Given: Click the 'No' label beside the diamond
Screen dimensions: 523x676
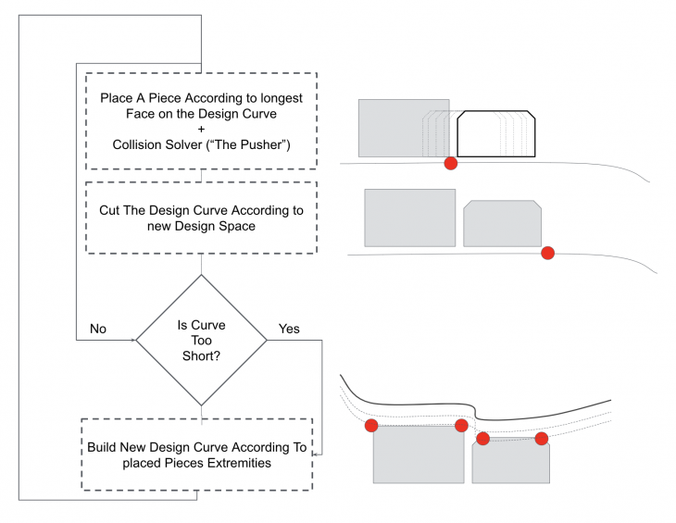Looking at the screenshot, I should coord(97,329).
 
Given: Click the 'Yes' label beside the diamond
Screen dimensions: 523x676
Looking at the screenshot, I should coord(289,329).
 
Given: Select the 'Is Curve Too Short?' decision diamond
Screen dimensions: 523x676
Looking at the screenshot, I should coord(201,341).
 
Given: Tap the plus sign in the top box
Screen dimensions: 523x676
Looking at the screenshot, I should coord(201,129).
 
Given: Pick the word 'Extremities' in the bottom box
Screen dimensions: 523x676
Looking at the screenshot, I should coord(234,463).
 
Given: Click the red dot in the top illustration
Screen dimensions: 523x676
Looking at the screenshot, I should coord(451,163).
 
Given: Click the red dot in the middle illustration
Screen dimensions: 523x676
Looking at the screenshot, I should coord(547,252).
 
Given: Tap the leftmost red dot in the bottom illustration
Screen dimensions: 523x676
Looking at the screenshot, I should coord(371,426).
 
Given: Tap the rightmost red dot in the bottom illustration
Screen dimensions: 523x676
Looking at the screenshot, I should coord(542,438).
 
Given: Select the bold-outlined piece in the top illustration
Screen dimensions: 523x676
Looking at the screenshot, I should coord(498,133).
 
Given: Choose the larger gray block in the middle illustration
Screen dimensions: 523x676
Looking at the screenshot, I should coord(410,218).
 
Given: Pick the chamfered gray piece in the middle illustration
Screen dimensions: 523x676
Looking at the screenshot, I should coord(502,223).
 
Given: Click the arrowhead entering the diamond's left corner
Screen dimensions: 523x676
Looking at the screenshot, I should coord(133,341).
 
